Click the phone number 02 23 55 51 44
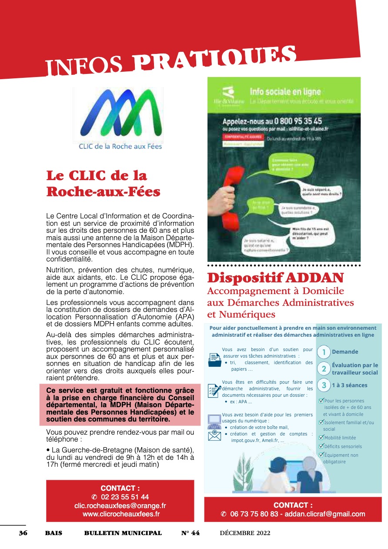pos(125,497)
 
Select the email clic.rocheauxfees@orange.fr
pos(120,505)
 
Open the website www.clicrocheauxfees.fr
pos(121,514)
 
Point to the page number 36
pos(23,533)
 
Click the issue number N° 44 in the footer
pos(191,533)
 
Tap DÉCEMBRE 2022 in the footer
pos(245,533)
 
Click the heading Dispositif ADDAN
pos(275,278)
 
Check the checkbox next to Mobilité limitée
pos(321,438)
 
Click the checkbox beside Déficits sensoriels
pos(321,446)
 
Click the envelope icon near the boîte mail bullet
pos(214,435)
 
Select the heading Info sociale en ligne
pos(285,92)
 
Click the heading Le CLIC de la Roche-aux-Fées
pos(103,184)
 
